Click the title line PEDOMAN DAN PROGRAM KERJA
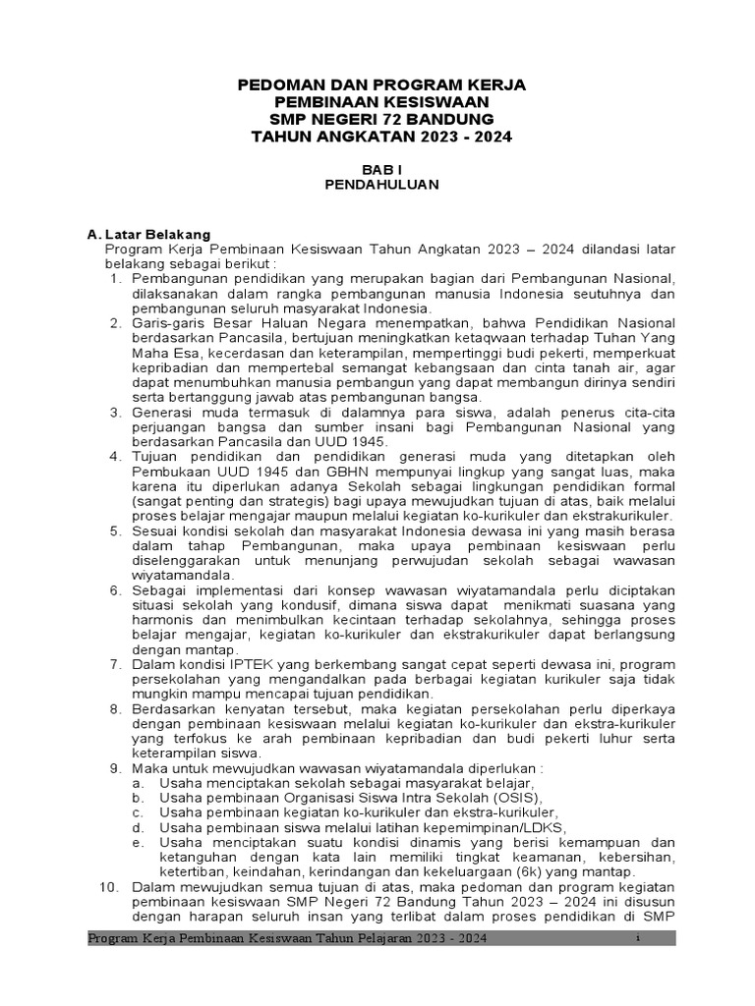click(381, 85)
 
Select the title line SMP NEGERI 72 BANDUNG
click(381, 119)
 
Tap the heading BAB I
click(382, 168)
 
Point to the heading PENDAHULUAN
click(382, 184)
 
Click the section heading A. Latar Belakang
click(148, 235)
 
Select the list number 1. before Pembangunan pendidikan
click(115, 279)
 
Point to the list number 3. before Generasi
click(115, 413)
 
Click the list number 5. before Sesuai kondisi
click(115, 531)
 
